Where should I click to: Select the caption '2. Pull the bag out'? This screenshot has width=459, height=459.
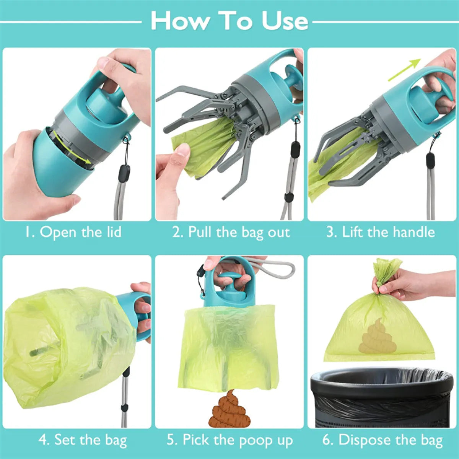pos(231,232)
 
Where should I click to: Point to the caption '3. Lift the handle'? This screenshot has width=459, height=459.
pos(381,232)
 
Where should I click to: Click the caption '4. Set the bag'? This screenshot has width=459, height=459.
pos(83,440)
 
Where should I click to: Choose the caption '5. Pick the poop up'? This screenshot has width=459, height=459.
pos(230,440)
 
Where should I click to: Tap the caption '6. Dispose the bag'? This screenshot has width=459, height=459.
pos(382,440)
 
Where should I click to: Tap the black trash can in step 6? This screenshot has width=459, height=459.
pos(382,398)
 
